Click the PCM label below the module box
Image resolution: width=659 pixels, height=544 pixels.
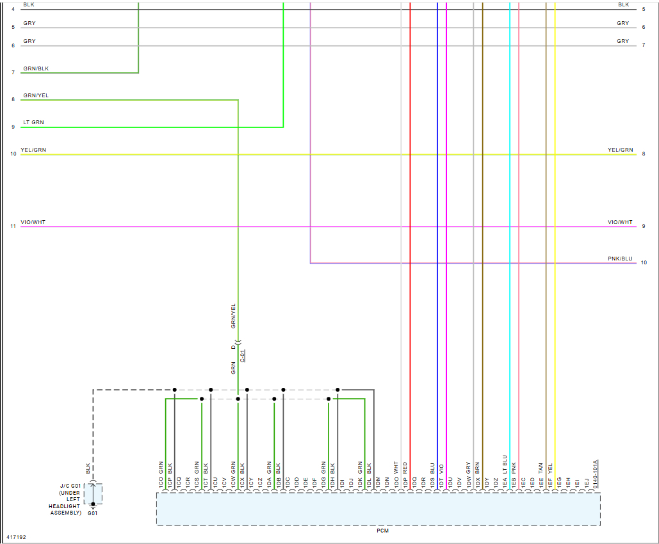coord(382,531)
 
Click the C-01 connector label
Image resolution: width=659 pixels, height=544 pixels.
coord(243,356)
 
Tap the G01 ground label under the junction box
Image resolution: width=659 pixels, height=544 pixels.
coord(92,513)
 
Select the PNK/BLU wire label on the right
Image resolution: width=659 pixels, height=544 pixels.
coord(619,259)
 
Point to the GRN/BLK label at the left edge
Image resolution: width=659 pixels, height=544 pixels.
coord(36,68)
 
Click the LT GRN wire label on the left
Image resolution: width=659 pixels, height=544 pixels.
coord(33,122)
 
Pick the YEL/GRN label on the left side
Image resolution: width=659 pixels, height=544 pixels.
coord(33,150)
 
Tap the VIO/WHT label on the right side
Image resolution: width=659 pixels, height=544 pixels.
coord(619,222)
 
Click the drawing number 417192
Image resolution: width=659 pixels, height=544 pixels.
coord(17,537)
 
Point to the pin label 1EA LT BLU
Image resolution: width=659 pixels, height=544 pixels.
coord(505,473)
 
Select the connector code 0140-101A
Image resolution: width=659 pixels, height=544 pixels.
coord(596,474)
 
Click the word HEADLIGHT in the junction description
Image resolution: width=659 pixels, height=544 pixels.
coord(65,506)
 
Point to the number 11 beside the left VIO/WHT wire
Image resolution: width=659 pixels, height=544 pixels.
coord(13,227)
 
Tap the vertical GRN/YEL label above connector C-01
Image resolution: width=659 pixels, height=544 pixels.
coord(233,316)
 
